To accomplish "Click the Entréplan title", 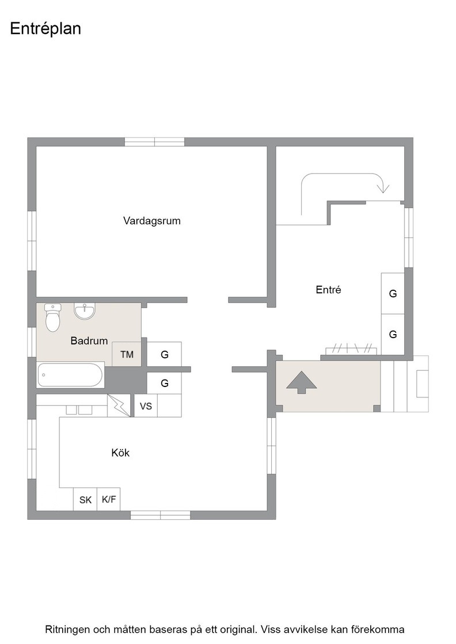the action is click(45, 29).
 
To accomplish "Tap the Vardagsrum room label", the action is click(152, 221).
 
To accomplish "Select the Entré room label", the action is click(328, 290).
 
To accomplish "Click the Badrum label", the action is click(89, 340).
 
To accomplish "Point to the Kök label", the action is click(120, 453).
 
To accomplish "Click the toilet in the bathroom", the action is click(52, 317).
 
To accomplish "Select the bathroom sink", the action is click(85, 311).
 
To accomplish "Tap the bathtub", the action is click(70, 374).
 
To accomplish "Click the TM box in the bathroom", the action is click(127, 354).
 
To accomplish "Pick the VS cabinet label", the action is click(146, 406).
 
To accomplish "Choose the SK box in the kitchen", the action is click(85, 500).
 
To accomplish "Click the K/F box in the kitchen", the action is click(109, 500).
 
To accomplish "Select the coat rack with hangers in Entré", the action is click(351, 350).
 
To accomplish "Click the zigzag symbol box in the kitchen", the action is click(119, 406).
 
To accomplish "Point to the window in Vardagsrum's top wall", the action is click(155, 142).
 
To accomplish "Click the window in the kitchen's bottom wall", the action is click(161, 515).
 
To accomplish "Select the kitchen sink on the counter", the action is click(79, 410).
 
